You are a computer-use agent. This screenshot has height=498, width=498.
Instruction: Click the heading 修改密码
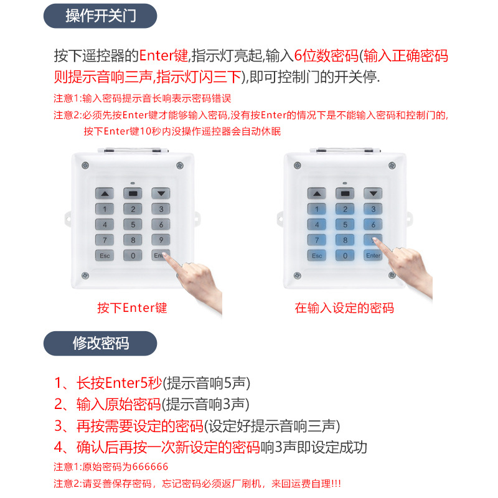[x=100, y=343]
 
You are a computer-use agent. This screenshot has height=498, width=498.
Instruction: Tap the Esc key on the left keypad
[x=104, y=255]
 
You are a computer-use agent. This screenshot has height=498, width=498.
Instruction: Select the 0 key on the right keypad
[x=345, y=255]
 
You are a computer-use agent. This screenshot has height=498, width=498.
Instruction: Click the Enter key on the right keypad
[x=374, y=255]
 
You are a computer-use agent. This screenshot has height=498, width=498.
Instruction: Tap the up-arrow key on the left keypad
[x=104, y=194]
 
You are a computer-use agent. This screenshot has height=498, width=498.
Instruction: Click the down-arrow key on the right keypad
[x=374, y=194]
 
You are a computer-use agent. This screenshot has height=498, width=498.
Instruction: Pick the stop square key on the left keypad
[x=132, y=194]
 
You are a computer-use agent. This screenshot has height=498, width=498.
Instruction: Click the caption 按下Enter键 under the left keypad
[x=132, y=308]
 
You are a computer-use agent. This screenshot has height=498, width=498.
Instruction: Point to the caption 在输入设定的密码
[x=344, y=308]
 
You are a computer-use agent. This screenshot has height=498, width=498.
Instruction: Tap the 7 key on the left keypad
[x=104, y=240]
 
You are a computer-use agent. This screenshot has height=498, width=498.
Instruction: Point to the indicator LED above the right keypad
[x=345, y=183]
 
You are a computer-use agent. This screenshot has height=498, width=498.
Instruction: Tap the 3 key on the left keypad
[x=161, y=209]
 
